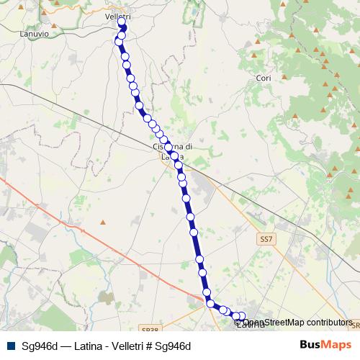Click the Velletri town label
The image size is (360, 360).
click(x=116, y=17)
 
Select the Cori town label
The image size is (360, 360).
click(x=263, y=77)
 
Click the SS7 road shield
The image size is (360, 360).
click(x=267, y=238)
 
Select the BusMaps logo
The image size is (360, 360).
click(x=325, y=345)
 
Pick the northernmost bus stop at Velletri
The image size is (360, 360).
click(x=122, y=22)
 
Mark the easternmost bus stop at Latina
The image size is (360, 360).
click(x=242, y=315)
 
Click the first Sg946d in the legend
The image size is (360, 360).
click(x=40, y=346)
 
